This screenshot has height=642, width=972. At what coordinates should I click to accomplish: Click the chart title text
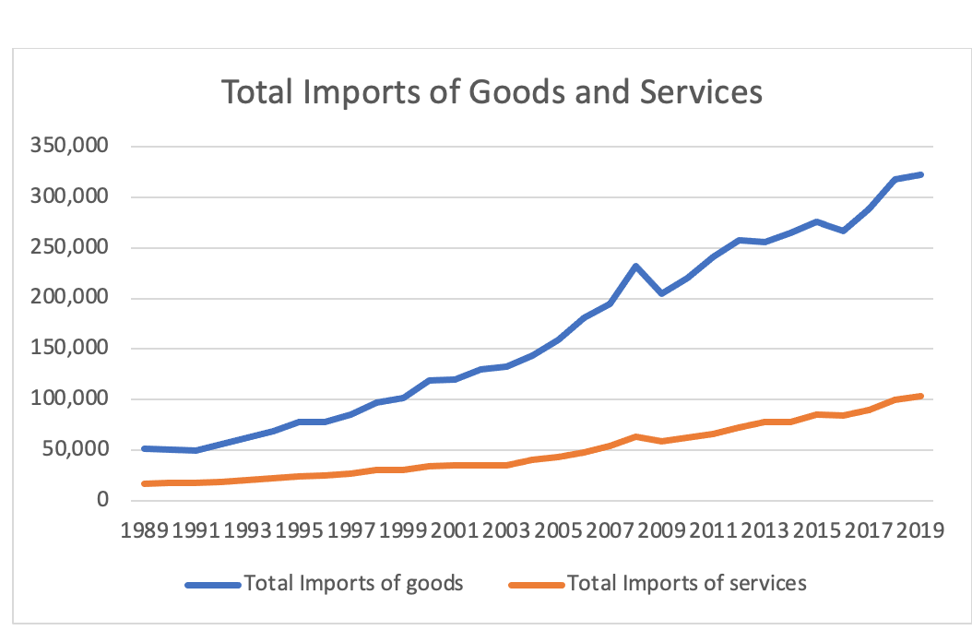point(492,93)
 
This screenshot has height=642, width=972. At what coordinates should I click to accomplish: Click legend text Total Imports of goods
point(352,583)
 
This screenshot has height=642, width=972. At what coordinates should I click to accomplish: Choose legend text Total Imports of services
point(687,583)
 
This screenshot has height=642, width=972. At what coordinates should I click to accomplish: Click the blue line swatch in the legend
point(212,584)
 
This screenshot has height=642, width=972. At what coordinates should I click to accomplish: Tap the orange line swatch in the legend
point(537,584)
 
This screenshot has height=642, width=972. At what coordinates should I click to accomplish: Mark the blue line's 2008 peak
point(636,266)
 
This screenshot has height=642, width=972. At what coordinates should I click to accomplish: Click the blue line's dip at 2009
point(661,293)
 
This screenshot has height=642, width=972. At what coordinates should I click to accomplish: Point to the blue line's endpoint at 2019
point(920,174)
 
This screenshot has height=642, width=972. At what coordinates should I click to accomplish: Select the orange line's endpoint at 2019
point(920,396)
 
